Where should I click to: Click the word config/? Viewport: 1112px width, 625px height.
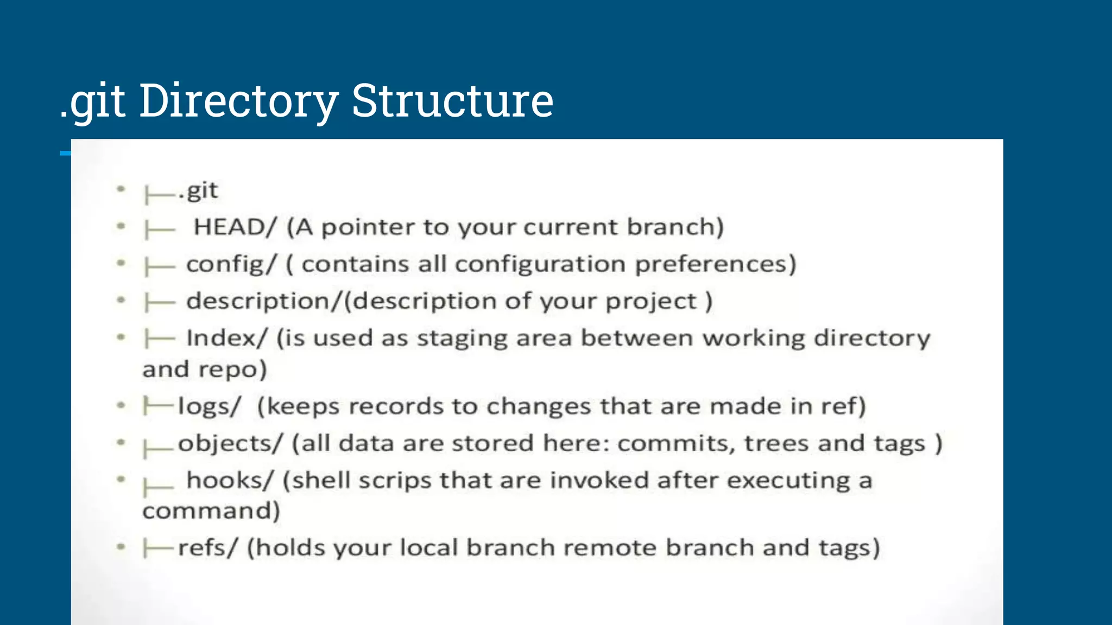[x=231, y=264]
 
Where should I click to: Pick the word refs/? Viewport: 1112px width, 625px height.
[x=208, y=547]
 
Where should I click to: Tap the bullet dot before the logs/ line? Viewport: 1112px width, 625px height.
[x=121, y=405]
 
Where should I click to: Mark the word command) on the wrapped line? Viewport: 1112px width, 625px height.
[x=211, y=511]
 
